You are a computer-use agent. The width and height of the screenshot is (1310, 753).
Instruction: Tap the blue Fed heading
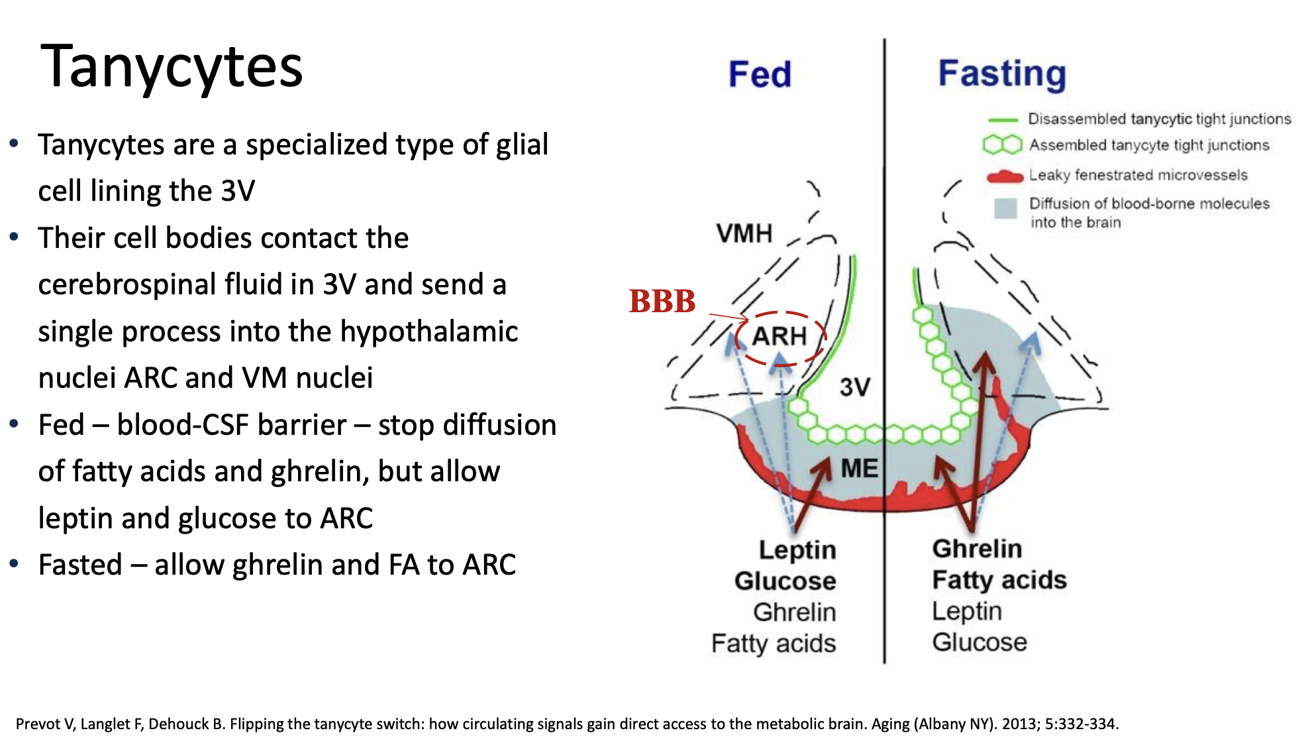pyautogui.click(x=760, y=74)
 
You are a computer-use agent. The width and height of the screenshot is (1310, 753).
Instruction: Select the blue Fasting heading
pyautogui.click(x=1002, y=74)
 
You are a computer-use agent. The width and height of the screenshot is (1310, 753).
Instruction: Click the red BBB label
pyautogui.click(x=662, y=301)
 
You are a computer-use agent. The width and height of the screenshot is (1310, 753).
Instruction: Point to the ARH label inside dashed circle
pyautogui.click(x=780, y=336)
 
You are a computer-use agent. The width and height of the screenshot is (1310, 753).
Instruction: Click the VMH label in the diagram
pyautogui.click(x=744, y=233)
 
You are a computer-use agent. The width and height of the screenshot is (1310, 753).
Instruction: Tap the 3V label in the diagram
pyautogui.click(x=855, y=387)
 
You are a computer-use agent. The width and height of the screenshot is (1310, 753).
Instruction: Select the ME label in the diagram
pyautogui.click(x=860, y=469)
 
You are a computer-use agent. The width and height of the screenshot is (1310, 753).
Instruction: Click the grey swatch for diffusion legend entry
pyautogui.click(x=1005, y=208)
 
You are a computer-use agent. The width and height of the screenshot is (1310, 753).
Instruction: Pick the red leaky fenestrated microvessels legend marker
pyautogui.click(x=1005, y=176)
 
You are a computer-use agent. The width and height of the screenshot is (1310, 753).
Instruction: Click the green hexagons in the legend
pyautogui.click(x=1003, y=145)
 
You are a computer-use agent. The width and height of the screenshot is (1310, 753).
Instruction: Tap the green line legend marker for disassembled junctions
pyautogui.click(x=1003, y=120)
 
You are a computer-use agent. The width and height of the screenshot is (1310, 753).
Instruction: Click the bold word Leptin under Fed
pyautogui.click(x=797, y=550)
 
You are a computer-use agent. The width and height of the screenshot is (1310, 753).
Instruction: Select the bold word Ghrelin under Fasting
pyautogui.click(x=977, y=549)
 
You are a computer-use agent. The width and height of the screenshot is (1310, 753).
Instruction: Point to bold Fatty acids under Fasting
pyautogui.click(x=999, y=580)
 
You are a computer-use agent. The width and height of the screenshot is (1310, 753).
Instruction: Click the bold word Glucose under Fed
pyautogui.click(x=785, y=581)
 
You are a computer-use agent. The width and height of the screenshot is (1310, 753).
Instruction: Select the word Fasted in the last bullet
pyautogui.click(x=80, y=565)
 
